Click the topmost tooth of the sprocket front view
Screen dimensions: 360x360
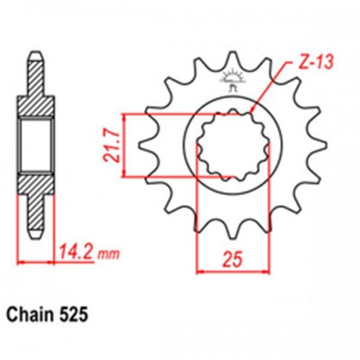click(x=232, y=60)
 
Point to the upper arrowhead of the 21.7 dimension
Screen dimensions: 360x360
click(x=127, y=116)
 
